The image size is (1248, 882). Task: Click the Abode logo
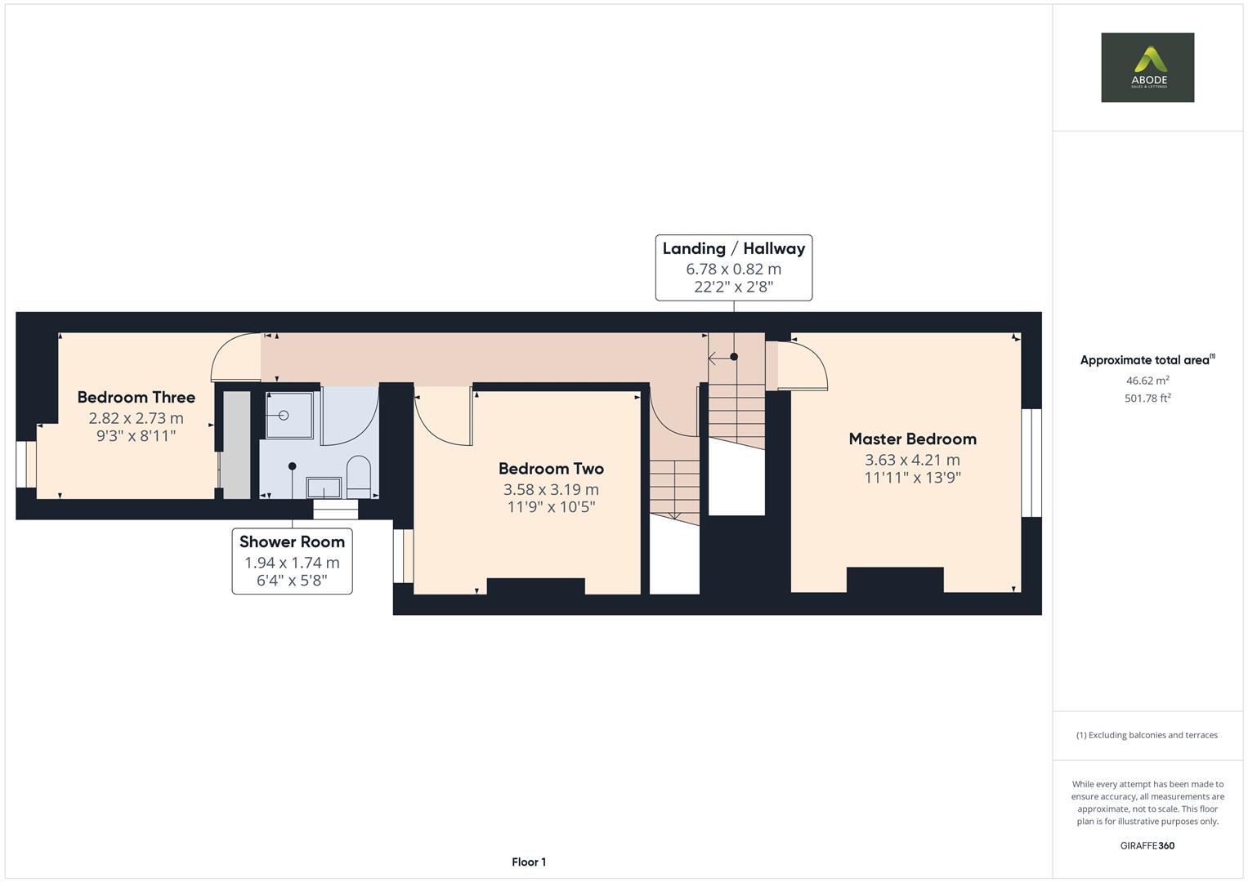pyautogui.click(x=1147, y=67)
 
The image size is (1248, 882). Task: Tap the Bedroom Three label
pyautogui.click(x=136, y=398)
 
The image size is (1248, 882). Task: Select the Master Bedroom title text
pyautogui.click(x=912, y=439)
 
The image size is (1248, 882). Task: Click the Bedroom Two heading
pyautogui.click(x=551, y=469)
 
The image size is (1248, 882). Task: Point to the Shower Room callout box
pyautogui.click(x=292, y=561)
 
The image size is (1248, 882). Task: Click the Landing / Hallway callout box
pyautogui.click(x=733, y=268)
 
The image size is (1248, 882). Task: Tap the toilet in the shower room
pyautogui.click(x=359, y=476)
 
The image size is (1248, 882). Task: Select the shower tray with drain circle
pyautogui.click(x=289, y=416)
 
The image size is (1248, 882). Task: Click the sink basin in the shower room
pyautogui.click(x=324, y=488)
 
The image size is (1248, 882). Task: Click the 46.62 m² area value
pyautogui.click(x=1147, y=381)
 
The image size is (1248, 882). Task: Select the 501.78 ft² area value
pyautogui.click(x=1147, y=399)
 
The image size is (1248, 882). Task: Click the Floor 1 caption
pyautogui.click(x=529, y=862)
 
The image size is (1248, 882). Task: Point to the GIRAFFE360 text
pyautogui.click(x=1147, y=845)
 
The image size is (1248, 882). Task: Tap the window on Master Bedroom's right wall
pyautogui.click(x=1031, y=462)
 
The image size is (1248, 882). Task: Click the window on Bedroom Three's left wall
pyautogui.click(x=26, y=465)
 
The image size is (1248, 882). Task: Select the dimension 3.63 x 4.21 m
pyautogui.click(x=912, y=460)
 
